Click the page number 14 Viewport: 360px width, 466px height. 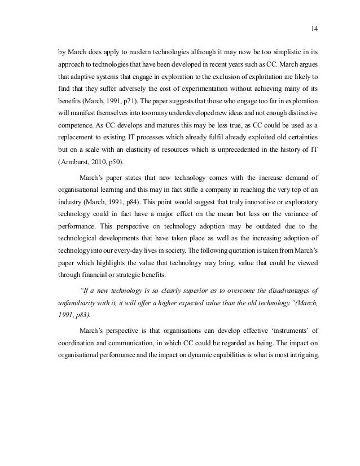pos(315,29)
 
